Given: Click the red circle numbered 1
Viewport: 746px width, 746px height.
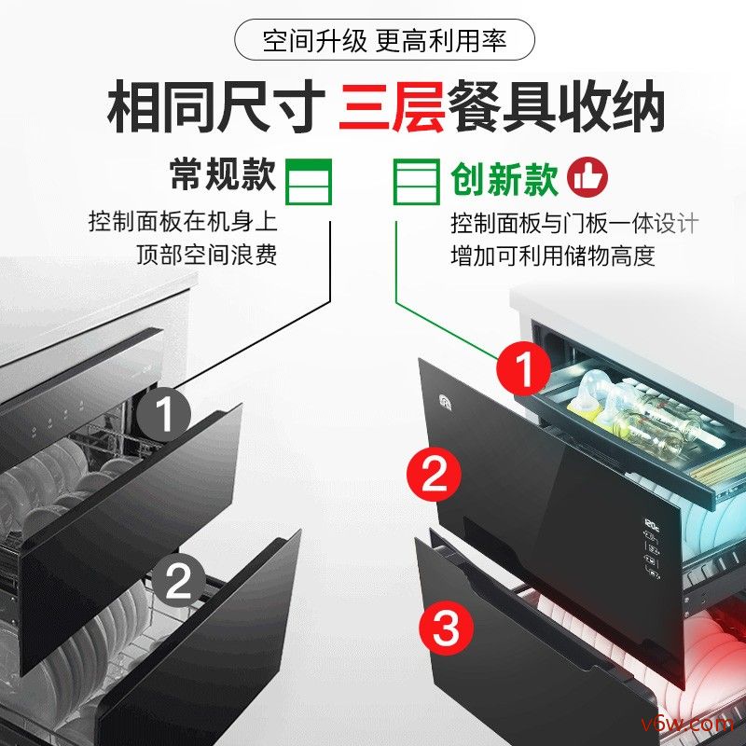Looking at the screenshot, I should click(524, 367).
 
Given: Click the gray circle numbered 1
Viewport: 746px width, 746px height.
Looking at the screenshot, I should click(165, 414).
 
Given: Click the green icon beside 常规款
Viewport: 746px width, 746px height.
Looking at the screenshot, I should click(308, 180).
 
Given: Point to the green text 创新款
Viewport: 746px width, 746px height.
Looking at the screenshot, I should click(504, 178).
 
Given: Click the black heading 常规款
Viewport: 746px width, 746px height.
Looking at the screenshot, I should click(222, 175).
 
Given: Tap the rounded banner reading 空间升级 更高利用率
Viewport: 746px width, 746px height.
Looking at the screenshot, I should click(384, 41).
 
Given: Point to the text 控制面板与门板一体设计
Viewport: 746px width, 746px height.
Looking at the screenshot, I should click(573, 224).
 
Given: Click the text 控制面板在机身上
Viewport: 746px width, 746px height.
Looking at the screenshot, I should click(184, 223).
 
